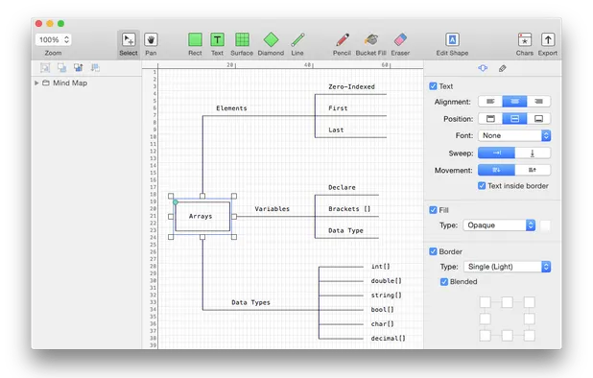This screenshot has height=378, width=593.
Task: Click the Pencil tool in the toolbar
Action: coord(342,39)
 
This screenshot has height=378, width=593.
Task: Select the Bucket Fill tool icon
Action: coord(371,39)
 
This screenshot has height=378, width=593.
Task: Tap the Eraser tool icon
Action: coord(400,39)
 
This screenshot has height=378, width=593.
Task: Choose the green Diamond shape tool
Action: coord(271,39)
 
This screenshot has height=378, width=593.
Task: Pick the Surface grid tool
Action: coord(243,39)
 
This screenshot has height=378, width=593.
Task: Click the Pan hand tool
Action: coord(152,39)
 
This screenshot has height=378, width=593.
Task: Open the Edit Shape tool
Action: coord(452,39)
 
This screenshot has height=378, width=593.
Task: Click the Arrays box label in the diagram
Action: coord(201,216)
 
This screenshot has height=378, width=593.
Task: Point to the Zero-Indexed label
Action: coord(350,86)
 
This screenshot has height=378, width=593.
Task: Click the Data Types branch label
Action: coord(250,302)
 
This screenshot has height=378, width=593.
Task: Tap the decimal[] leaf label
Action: coord(388,338)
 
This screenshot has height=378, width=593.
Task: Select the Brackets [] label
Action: coord(348,208)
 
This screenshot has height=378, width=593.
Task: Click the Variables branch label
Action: coord(272,208)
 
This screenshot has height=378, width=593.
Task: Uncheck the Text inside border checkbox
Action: coord(482,185)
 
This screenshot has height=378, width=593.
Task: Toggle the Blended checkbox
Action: coord(444,281)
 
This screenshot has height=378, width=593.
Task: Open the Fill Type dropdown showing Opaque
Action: coord(499,224)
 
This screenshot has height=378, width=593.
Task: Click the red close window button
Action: coord(36,22)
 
